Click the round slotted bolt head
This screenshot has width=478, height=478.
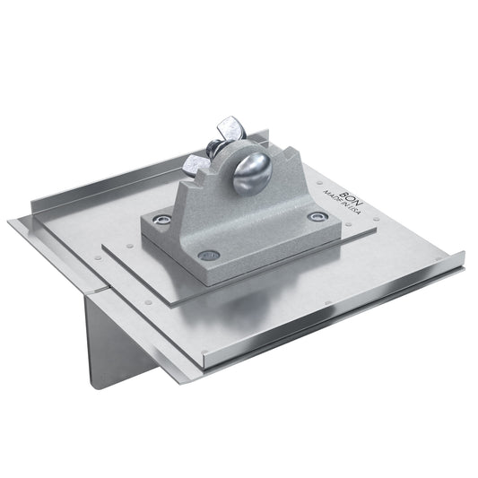pos(253,175)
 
